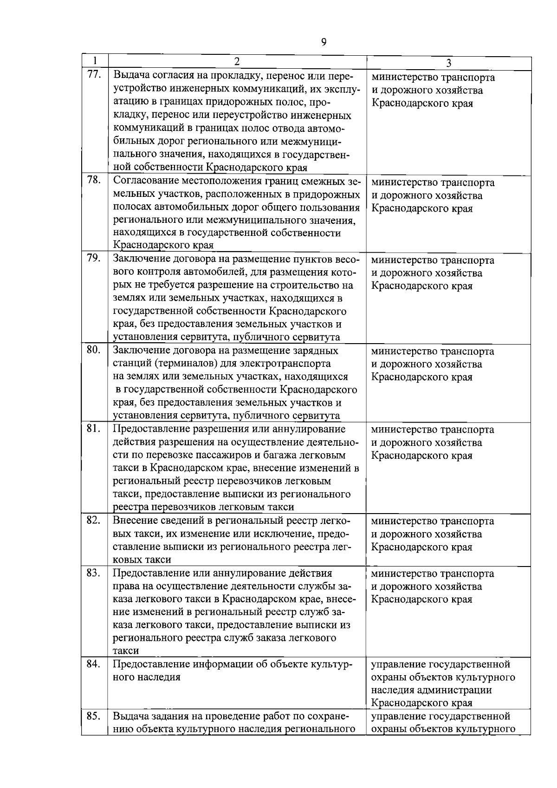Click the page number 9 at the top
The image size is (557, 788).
[x=324, y=43]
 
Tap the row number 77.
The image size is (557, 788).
[x=94, y=75]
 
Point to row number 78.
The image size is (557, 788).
[x=94, y=180]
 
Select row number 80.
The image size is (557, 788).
[x=94, y=349]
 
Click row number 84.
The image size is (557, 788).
[x=94, y=663]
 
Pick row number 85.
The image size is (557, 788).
[x=94, y=715]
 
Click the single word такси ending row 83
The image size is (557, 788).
[x=125, y=651]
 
